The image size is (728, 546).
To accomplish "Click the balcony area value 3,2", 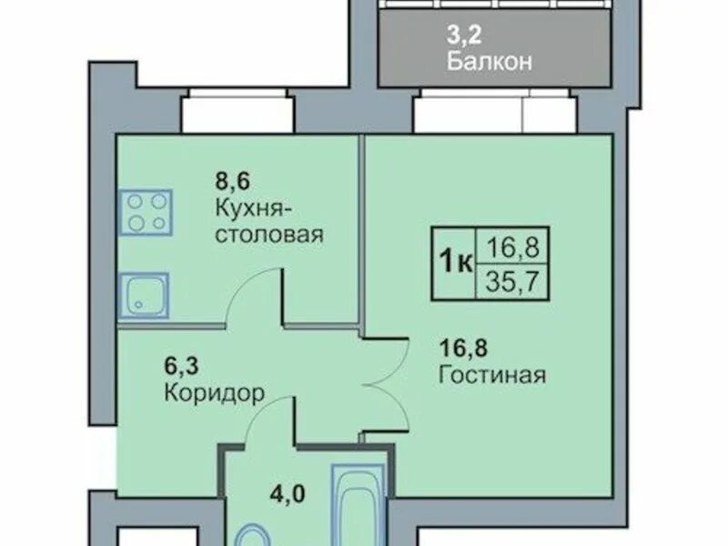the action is coord(464,35).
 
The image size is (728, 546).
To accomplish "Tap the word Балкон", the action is coord(490,61).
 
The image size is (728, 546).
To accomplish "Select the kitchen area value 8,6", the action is coord(232,180).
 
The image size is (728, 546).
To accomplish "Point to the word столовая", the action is coord(269,235).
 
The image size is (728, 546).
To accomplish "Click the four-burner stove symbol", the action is coord(146,212).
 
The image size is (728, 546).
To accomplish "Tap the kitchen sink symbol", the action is coord(144,295).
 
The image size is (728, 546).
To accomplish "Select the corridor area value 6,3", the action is coord(181,366).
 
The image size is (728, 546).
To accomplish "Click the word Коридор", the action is coord(215,394).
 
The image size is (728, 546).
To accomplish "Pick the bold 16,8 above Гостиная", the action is coord(463,348).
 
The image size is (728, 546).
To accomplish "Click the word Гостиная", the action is coord(492,374).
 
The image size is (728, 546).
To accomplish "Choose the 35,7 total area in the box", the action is coord(512,281).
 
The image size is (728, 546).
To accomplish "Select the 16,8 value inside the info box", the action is coord(512,248).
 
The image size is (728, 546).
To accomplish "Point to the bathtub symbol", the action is coord(358,505).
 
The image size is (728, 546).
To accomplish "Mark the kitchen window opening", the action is coord(238,112).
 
